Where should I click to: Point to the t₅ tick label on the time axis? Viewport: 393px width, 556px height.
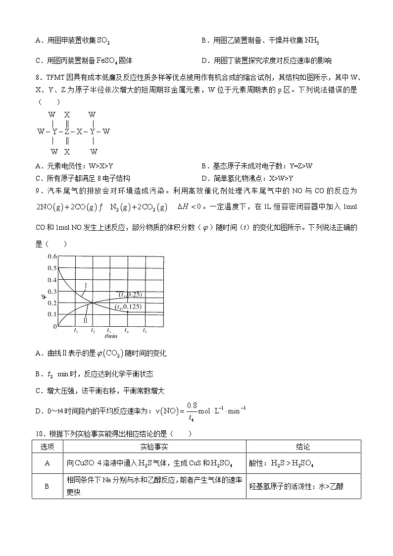point(145,330)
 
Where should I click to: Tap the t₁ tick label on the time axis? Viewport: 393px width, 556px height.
point(75,330)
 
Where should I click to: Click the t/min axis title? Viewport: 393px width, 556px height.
point(110,336)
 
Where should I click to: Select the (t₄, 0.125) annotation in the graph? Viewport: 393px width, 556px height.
point(128,307)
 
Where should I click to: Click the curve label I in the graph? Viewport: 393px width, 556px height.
point(86,286)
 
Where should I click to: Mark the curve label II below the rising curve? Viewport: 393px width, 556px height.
point(86,321)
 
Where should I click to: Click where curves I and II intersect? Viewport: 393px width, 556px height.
point(93,303)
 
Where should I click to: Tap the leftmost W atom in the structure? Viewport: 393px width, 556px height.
point(41,132)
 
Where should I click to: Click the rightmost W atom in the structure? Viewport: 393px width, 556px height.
point(106,132)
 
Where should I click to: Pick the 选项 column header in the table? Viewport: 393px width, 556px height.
point(47,447)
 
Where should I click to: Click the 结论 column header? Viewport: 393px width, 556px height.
point(303,447)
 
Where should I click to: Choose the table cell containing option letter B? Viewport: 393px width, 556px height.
point(47,486)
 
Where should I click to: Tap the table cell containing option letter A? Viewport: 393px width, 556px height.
point(47,463)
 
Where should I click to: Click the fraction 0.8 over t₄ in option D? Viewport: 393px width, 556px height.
point(186,410)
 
